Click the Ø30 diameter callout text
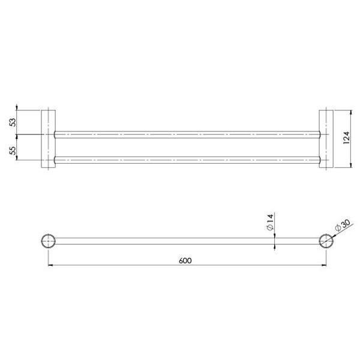click(343, 226)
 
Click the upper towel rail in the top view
click(187, 133)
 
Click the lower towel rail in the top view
click(187, 160)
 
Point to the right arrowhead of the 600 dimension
click(323, 266)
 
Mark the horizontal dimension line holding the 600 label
click(120, 266)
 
